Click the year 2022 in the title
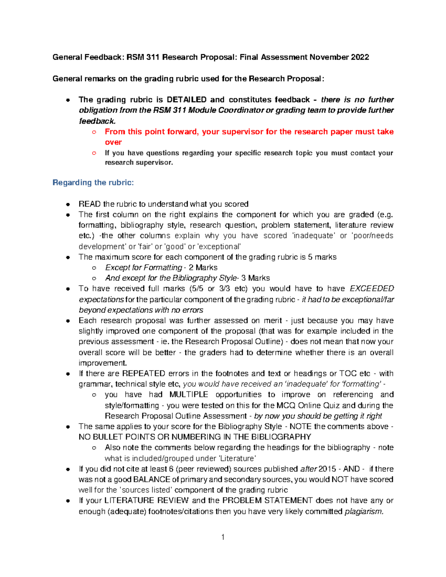coord(360,57)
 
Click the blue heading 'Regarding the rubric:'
coord(93,182)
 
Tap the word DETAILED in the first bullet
coord(187,100)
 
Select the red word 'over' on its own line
coord(113,142)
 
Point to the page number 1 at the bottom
coord(223,537)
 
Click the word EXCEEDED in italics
coord(372,289)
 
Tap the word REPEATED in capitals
coord(143,373)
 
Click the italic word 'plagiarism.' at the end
coord(364,512)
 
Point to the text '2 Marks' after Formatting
coord(203,268)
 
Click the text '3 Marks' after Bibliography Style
coord(256,278)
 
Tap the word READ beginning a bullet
coord(90,204)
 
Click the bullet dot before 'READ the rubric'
coord(68,204)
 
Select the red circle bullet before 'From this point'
coord(94,132)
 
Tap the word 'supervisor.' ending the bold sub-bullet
coord(155,163)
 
